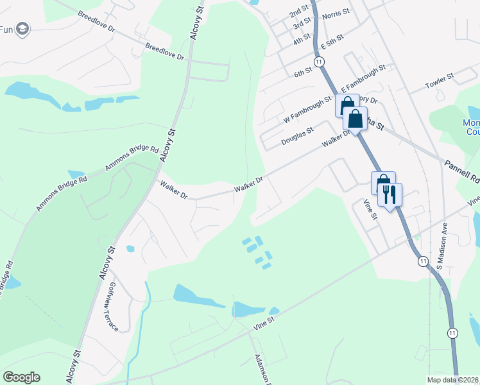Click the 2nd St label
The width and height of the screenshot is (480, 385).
point(298,13)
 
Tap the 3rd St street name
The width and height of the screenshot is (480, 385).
point(302,26)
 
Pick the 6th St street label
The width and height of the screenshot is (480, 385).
point(303,74)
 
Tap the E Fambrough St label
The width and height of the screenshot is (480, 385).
point(363,78)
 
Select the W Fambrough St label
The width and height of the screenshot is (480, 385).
point(307,110)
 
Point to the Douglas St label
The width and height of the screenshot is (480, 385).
point(297,136)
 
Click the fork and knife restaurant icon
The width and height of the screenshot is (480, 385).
point(390,194)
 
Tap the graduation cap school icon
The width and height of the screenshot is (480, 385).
point(23,29)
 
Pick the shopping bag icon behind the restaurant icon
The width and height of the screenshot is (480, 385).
point(382,182)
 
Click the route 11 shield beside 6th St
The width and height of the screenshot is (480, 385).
point(319,61)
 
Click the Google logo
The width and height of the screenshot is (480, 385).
point(21,377)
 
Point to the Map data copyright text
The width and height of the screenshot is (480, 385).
point(453,379)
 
